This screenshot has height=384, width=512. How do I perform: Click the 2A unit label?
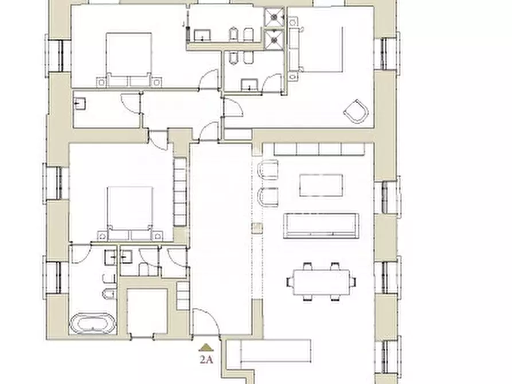click(x=206, y=359)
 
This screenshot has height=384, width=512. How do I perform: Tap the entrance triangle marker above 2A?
click(x=206, y=347)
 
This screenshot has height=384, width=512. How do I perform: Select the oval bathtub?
click(x=92, y=324)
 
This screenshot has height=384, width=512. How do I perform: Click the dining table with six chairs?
click(x=322, y=282)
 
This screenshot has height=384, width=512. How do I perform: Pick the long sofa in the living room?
click(x=321, y=226)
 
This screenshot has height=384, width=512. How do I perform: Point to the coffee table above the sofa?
click(x=321, y=185)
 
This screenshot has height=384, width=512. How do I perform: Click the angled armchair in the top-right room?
click(x=356, y=111)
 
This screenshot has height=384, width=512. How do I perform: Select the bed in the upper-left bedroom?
click(x=129, y=59)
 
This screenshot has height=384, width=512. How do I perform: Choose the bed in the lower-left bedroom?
click(x=130, y=213)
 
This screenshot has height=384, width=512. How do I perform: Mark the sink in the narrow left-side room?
click(x=80, y=104)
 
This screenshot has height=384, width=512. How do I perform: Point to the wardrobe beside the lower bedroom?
click(x=180, y=192)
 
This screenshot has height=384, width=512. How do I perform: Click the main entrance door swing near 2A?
click(x=206, y=322)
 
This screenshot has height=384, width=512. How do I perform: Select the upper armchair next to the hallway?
click(x=268, y=169)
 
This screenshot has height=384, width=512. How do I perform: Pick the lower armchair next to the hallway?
click(x=268, y=197)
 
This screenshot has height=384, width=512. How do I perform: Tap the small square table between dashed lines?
click(x=257, y=228)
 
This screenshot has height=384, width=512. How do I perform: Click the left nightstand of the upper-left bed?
click(x=101, y=81)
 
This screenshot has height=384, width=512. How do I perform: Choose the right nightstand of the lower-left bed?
click(x=158, y=236)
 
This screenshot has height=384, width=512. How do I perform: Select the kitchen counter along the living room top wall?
click(x=319, y=149)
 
